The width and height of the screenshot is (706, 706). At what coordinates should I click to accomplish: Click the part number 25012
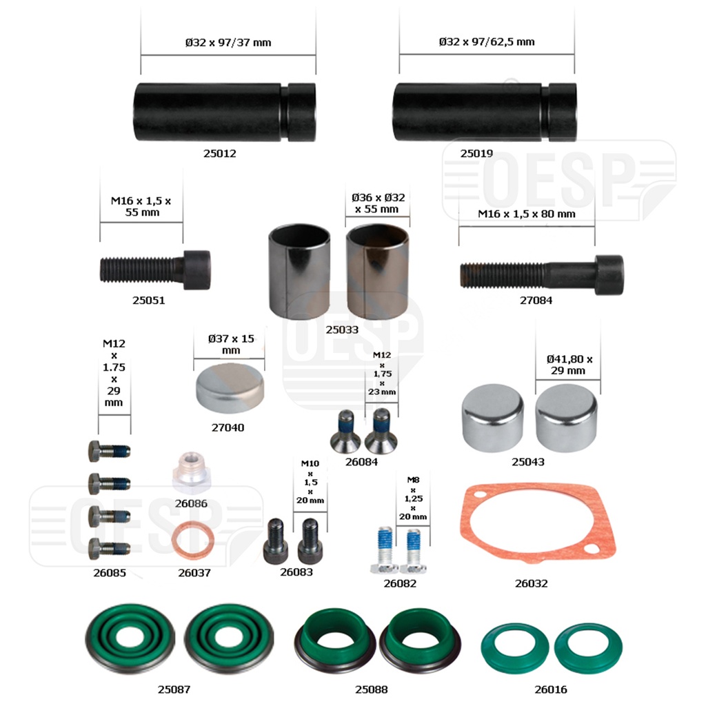(219, 153)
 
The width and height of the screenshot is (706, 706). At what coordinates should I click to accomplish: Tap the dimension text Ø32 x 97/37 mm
(228, 42)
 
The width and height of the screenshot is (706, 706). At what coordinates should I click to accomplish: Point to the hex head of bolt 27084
(609, 274)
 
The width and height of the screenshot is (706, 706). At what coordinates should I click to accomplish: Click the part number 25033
(342, 330)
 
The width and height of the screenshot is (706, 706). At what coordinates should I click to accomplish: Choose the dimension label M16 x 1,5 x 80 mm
(526, 214)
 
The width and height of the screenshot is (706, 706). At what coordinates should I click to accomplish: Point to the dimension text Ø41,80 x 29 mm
(569, 365)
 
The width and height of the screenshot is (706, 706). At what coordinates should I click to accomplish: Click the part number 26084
(361, 462)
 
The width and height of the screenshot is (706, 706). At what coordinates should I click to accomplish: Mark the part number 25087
(174, 689)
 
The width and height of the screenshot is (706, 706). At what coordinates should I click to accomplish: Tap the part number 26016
(550, 689)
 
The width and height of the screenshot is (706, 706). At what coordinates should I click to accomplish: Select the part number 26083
(296, 572)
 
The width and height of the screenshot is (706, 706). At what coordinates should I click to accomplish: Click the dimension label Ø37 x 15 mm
(230, 344)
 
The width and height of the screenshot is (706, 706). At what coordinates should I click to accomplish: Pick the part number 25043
(527, 461)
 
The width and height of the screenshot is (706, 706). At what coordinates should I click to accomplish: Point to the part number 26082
(400, 583)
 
